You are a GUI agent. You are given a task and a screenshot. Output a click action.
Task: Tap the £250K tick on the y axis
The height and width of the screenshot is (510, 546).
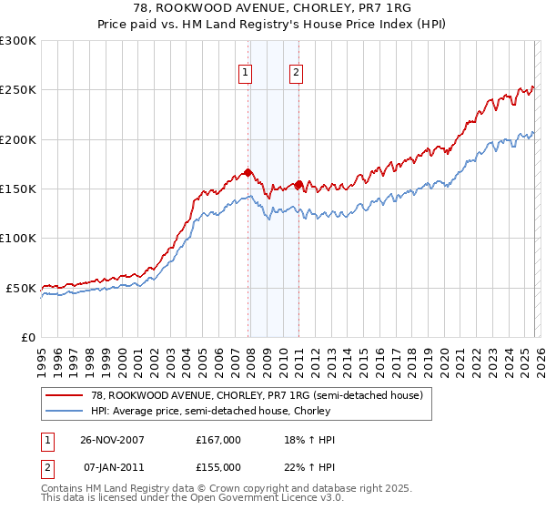(18, 90)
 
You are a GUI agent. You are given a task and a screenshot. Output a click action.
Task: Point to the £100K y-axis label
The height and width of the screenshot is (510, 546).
(18, 238)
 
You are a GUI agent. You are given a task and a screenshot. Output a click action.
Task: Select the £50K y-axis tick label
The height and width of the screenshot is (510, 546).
(21, 288)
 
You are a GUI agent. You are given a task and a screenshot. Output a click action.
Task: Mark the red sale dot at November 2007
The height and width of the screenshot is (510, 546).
(248, 172)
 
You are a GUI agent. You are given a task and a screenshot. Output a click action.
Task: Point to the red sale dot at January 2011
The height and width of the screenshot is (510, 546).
(298, 184)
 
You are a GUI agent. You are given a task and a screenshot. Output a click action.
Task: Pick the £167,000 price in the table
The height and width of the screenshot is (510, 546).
(218, 440)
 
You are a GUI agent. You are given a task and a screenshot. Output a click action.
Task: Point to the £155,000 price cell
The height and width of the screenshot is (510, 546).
(218, 467)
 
